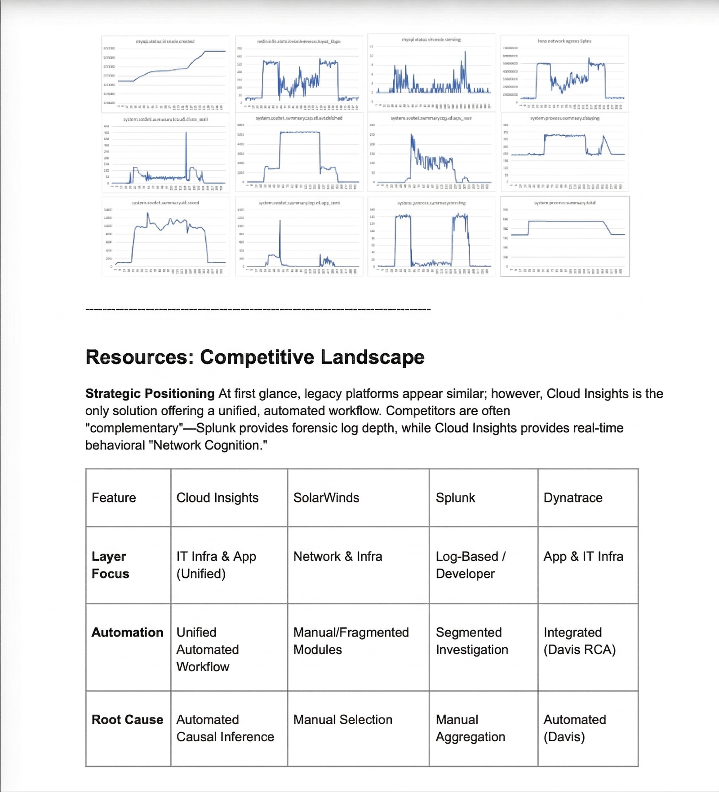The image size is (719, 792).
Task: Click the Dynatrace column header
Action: pyautogui.click(x=573, y=498)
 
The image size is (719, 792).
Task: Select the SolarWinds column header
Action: pyautogui.click(x=326, y=498)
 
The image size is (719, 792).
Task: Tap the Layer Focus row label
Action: pyautogui.click(x=110, y=565)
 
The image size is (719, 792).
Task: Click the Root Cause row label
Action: pyautogui.click(x=127, y=719)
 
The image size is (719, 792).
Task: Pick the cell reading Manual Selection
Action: pyautogui.click(x=342, y=719)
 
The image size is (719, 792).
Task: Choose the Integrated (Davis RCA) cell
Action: pyautogui.click(x=579, y=641)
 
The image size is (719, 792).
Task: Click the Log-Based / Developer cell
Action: pyautogui.click(x=470, y=565)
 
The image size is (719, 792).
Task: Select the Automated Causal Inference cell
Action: pyautogui.click(x=225, y=728)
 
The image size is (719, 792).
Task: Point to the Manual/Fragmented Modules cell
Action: pyautogui.click(x=351, y=641)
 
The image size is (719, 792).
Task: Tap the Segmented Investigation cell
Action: pyautogui.click(x=471, y=641)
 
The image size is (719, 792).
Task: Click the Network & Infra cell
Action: pyautogui.click(x=337, y=556)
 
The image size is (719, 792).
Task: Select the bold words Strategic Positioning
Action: pyautogui.click(x=150, y=394)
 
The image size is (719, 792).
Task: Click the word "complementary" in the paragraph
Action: pyautogui.click(x=134, y=428)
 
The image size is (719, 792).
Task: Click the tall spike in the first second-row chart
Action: pyautogui.click(x=186, y=148)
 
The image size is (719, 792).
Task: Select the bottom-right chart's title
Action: pyautogui.click(x=564, y=203)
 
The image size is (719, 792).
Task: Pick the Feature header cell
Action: pyautogui.click(x=114, y=498)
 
